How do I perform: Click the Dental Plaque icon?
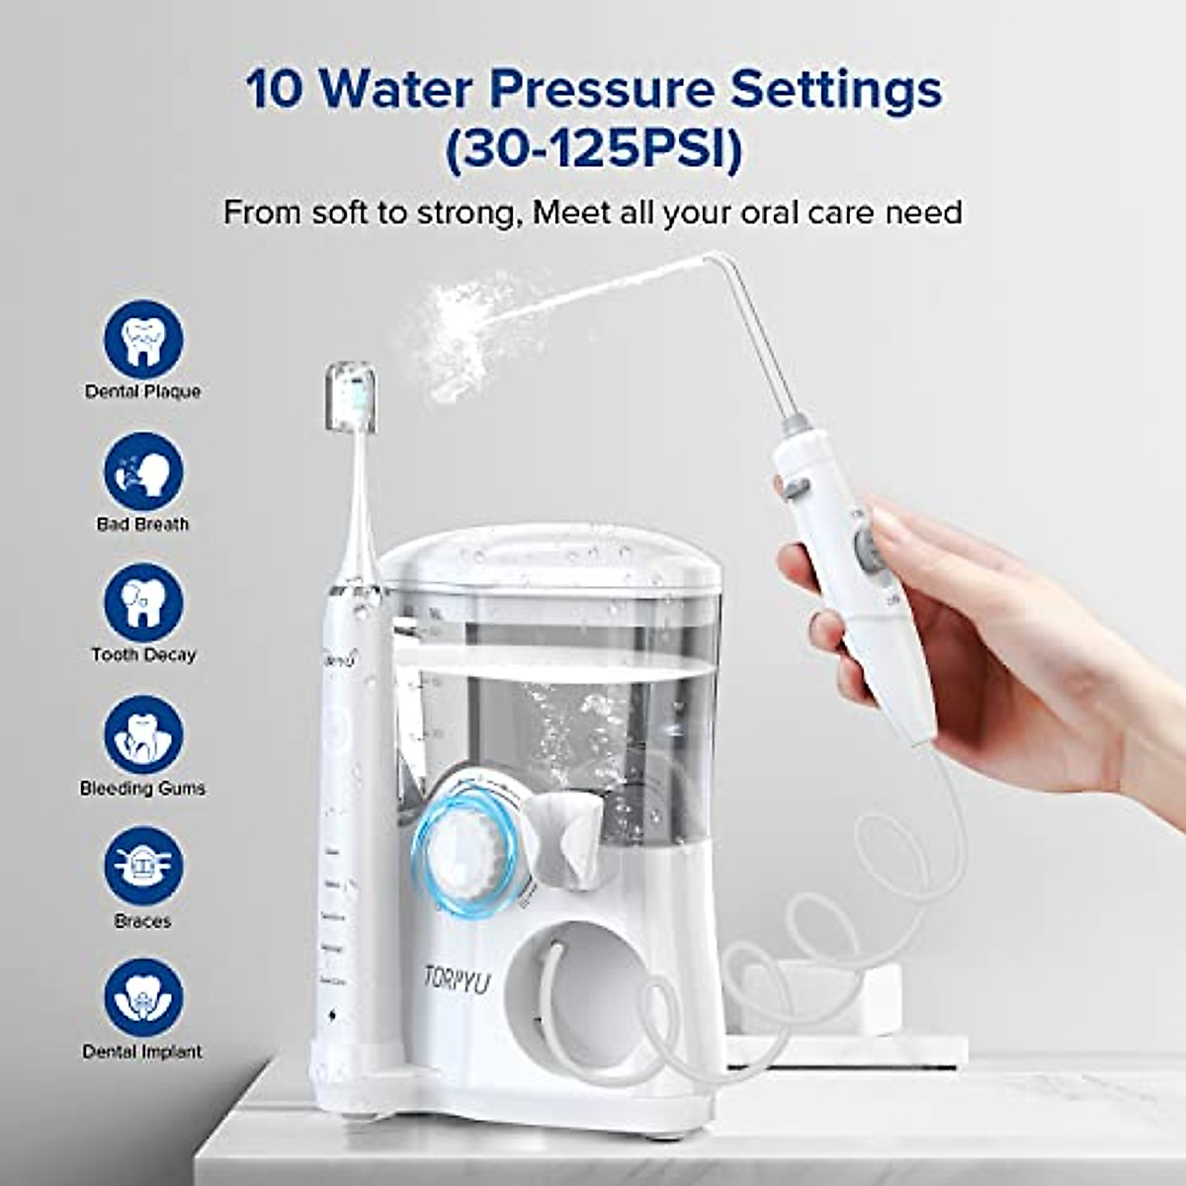(x=143, y=339)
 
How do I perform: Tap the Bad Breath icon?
(x=143, y=471)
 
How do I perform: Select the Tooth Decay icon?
(x=143, y=603)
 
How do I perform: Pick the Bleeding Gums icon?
(x=143, y=734)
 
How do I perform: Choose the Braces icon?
(x=143, y=867)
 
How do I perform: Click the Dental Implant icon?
(x=143, y=998)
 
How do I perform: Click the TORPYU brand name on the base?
(x=456, y=977)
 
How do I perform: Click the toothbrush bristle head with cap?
(x=351, y=397)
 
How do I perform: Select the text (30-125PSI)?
(x=593, y=151)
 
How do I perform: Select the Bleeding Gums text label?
(x=143, y=789)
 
